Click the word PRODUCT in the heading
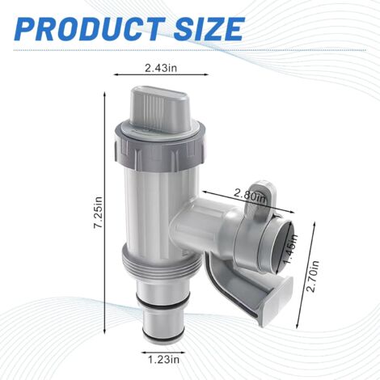point(90,28)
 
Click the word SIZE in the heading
point(209,28)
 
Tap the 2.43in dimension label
point(161,68)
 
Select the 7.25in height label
point(98,213)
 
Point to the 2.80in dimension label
point(250,196)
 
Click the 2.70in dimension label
point(314,276)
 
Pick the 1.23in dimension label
point(163,359)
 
